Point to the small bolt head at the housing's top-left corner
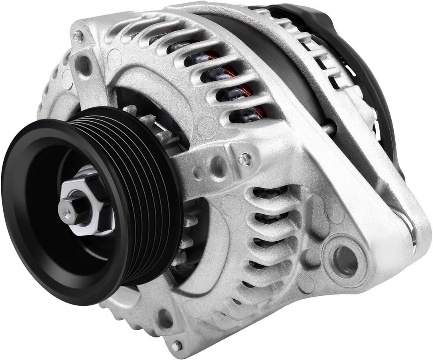77,36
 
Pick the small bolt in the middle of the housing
245,159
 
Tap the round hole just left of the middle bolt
219,165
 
